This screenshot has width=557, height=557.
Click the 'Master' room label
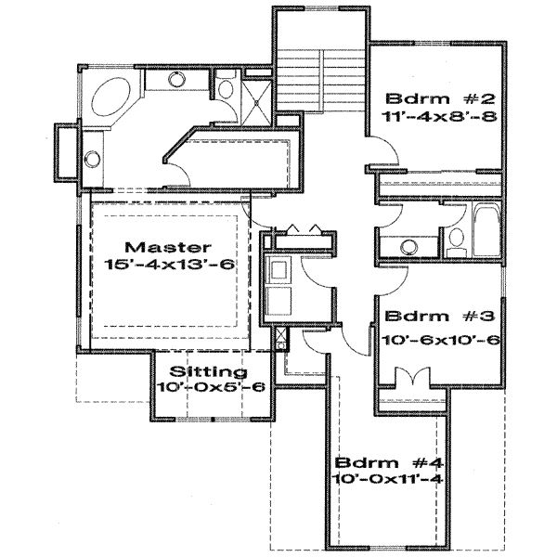tap(167, 248)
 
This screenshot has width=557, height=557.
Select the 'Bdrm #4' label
tap(381, 461)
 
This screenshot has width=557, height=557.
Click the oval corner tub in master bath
tap(112, 97)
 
